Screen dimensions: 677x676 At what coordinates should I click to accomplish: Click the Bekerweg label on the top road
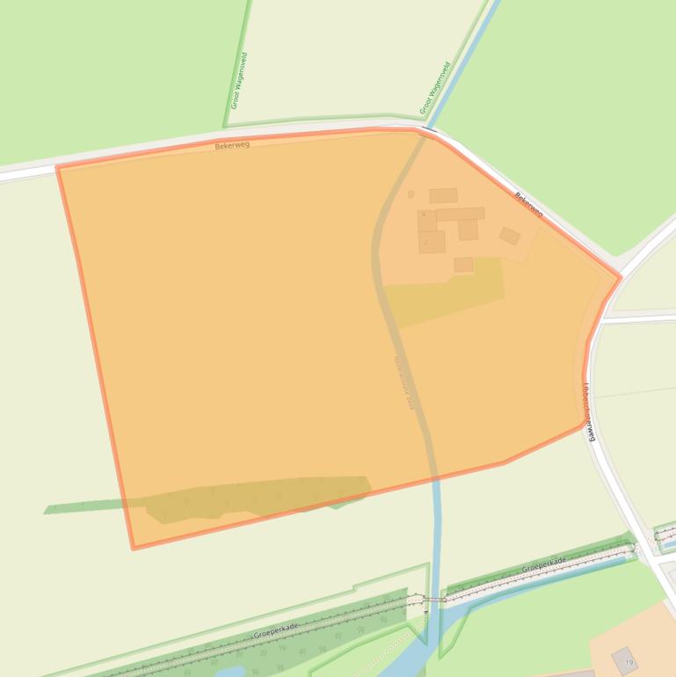pos(232,145)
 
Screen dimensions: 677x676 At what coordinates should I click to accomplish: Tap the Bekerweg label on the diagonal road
pos(528,205)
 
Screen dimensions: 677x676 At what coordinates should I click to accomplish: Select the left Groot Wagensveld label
pos(239,80)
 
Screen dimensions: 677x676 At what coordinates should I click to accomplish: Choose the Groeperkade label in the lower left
pos(276,630)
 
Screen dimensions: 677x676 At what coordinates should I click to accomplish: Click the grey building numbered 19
pos(626,661)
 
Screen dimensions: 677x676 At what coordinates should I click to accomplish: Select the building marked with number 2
pos(432,242)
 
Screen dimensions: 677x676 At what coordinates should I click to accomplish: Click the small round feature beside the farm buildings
pos(411,194)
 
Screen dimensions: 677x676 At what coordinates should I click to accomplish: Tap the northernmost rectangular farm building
pos(443,195)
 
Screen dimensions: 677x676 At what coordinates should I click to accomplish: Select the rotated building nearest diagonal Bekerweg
pos(510,236)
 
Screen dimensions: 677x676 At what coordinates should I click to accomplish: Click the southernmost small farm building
pos(463,265)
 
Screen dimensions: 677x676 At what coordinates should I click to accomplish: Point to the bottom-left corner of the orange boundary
pos(134,548)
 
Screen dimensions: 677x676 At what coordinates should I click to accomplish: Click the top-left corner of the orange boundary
pos(58,167)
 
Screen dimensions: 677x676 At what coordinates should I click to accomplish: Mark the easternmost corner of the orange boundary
pos(621,278)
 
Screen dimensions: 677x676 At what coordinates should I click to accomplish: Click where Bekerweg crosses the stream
pos(428,131)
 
